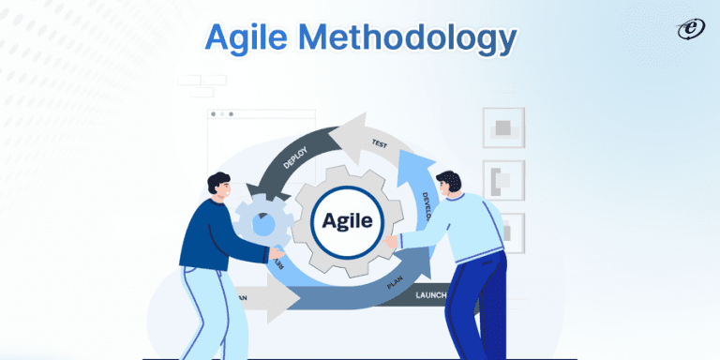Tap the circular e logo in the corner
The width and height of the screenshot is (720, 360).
pos(691,30)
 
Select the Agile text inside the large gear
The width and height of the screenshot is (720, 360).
pos(347,222)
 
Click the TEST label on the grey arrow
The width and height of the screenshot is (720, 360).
pos(380,143)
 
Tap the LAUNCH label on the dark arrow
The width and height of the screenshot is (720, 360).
pos(439,296)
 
